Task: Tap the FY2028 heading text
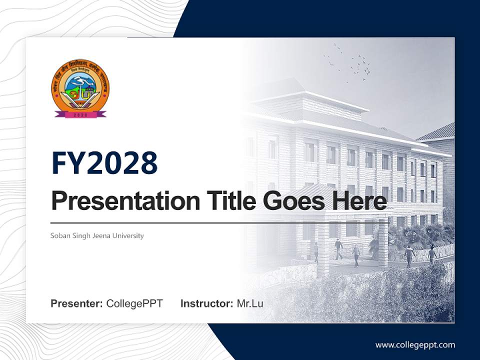104,163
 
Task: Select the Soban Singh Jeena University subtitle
97,235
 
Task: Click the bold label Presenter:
77,303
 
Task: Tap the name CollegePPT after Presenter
134,303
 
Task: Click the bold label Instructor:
206,303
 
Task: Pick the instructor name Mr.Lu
250,303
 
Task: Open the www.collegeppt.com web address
415,345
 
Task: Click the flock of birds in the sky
355,62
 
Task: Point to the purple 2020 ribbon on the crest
80,114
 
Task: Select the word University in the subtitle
129,235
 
